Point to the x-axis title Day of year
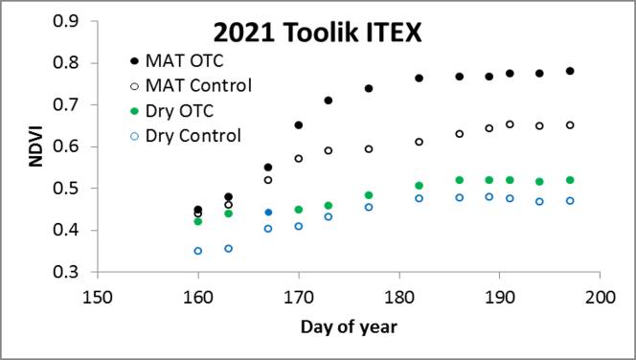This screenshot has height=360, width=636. click(350, 326)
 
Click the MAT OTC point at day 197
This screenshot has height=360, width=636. click(570, 71)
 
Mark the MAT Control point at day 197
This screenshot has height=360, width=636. click(570, 124)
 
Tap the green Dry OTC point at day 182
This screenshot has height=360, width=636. click(420, 186)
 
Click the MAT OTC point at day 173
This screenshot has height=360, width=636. click(329, 101)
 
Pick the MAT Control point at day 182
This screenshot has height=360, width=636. click(420, 142)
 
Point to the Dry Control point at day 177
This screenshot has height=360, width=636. click(369, 207)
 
